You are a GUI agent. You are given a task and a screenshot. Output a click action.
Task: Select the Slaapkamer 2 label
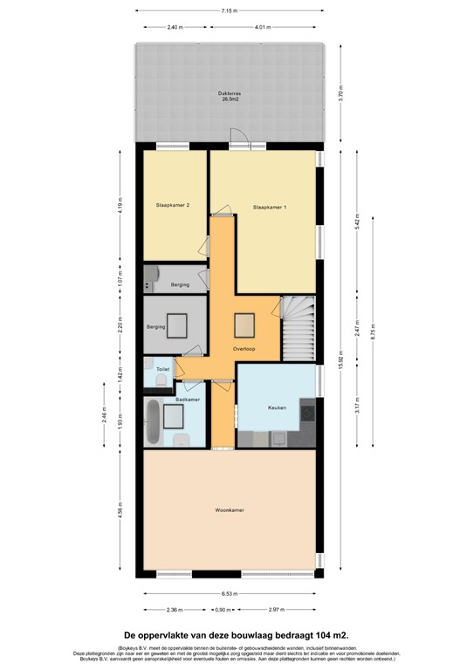pos(173,205)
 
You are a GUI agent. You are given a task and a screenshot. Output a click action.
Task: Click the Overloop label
pos(244,349)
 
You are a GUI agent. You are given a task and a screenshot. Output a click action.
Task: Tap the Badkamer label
pos(187,400)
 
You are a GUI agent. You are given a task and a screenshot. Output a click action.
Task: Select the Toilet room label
pos(162,370)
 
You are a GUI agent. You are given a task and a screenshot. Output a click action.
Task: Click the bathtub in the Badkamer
pos(153,422)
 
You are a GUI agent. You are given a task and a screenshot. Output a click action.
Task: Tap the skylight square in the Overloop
pos(244,325)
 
